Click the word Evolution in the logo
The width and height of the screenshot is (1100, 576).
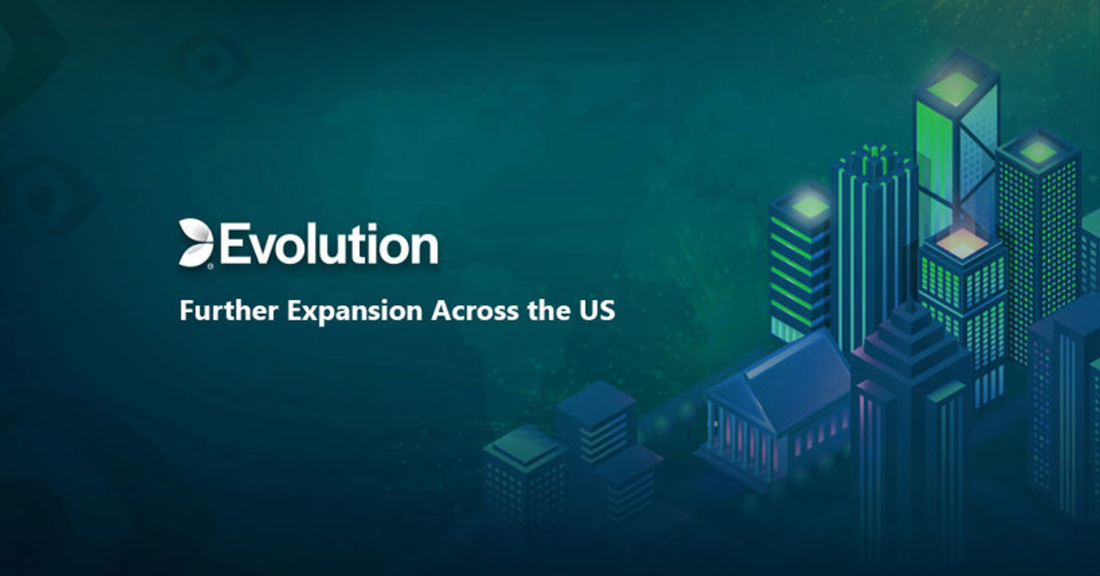click(328, 244)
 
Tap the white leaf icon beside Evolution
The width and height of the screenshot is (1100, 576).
click(195, 242)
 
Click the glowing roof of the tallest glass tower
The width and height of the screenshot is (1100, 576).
click(957, 86)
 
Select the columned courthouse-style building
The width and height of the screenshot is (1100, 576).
click(775, 404)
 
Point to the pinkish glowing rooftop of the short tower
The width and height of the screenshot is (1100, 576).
click(962, 244)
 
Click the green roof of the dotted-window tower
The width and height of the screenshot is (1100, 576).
click(1037, 150)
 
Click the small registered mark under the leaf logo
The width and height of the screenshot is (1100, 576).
click(211, 266)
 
